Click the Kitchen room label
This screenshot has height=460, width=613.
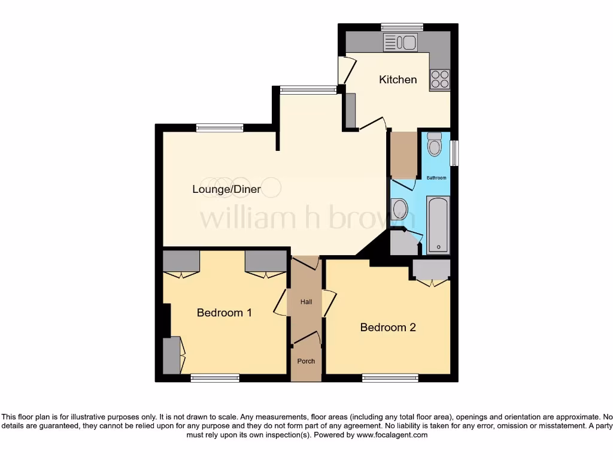click(x=397, y=80)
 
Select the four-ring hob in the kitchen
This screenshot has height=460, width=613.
click(x=439, y=80)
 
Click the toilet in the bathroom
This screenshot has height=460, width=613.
click(x=435, y=145)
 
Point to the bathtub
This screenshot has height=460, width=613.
click(x=438, y=225)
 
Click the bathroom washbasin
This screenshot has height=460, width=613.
click(x=399, y=210)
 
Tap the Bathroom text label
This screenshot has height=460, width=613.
click(x=436, y=178)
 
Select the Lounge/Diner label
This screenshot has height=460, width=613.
click(x=228, y=189)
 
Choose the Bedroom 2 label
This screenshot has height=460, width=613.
click(x=388, y=327)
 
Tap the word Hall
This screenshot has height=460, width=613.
click(x=306, y=302)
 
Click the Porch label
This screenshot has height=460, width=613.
click(x=306, y=361)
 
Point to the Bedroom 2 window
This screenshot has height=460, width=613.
click(x=390, y=377)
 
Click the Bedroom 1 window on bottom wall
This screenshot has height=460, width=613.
click(x=215, y=377)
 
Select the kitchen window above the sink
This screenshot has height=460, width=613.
click(x=402, y=26)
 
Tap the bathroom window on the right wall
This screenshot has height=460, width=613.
click(x=454, y=153)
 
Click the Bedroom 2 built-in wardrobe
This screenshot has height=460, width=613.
click(x=430, y=270)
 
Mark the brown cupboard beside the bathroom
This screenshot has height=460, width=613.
click(x=403, y=154)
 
